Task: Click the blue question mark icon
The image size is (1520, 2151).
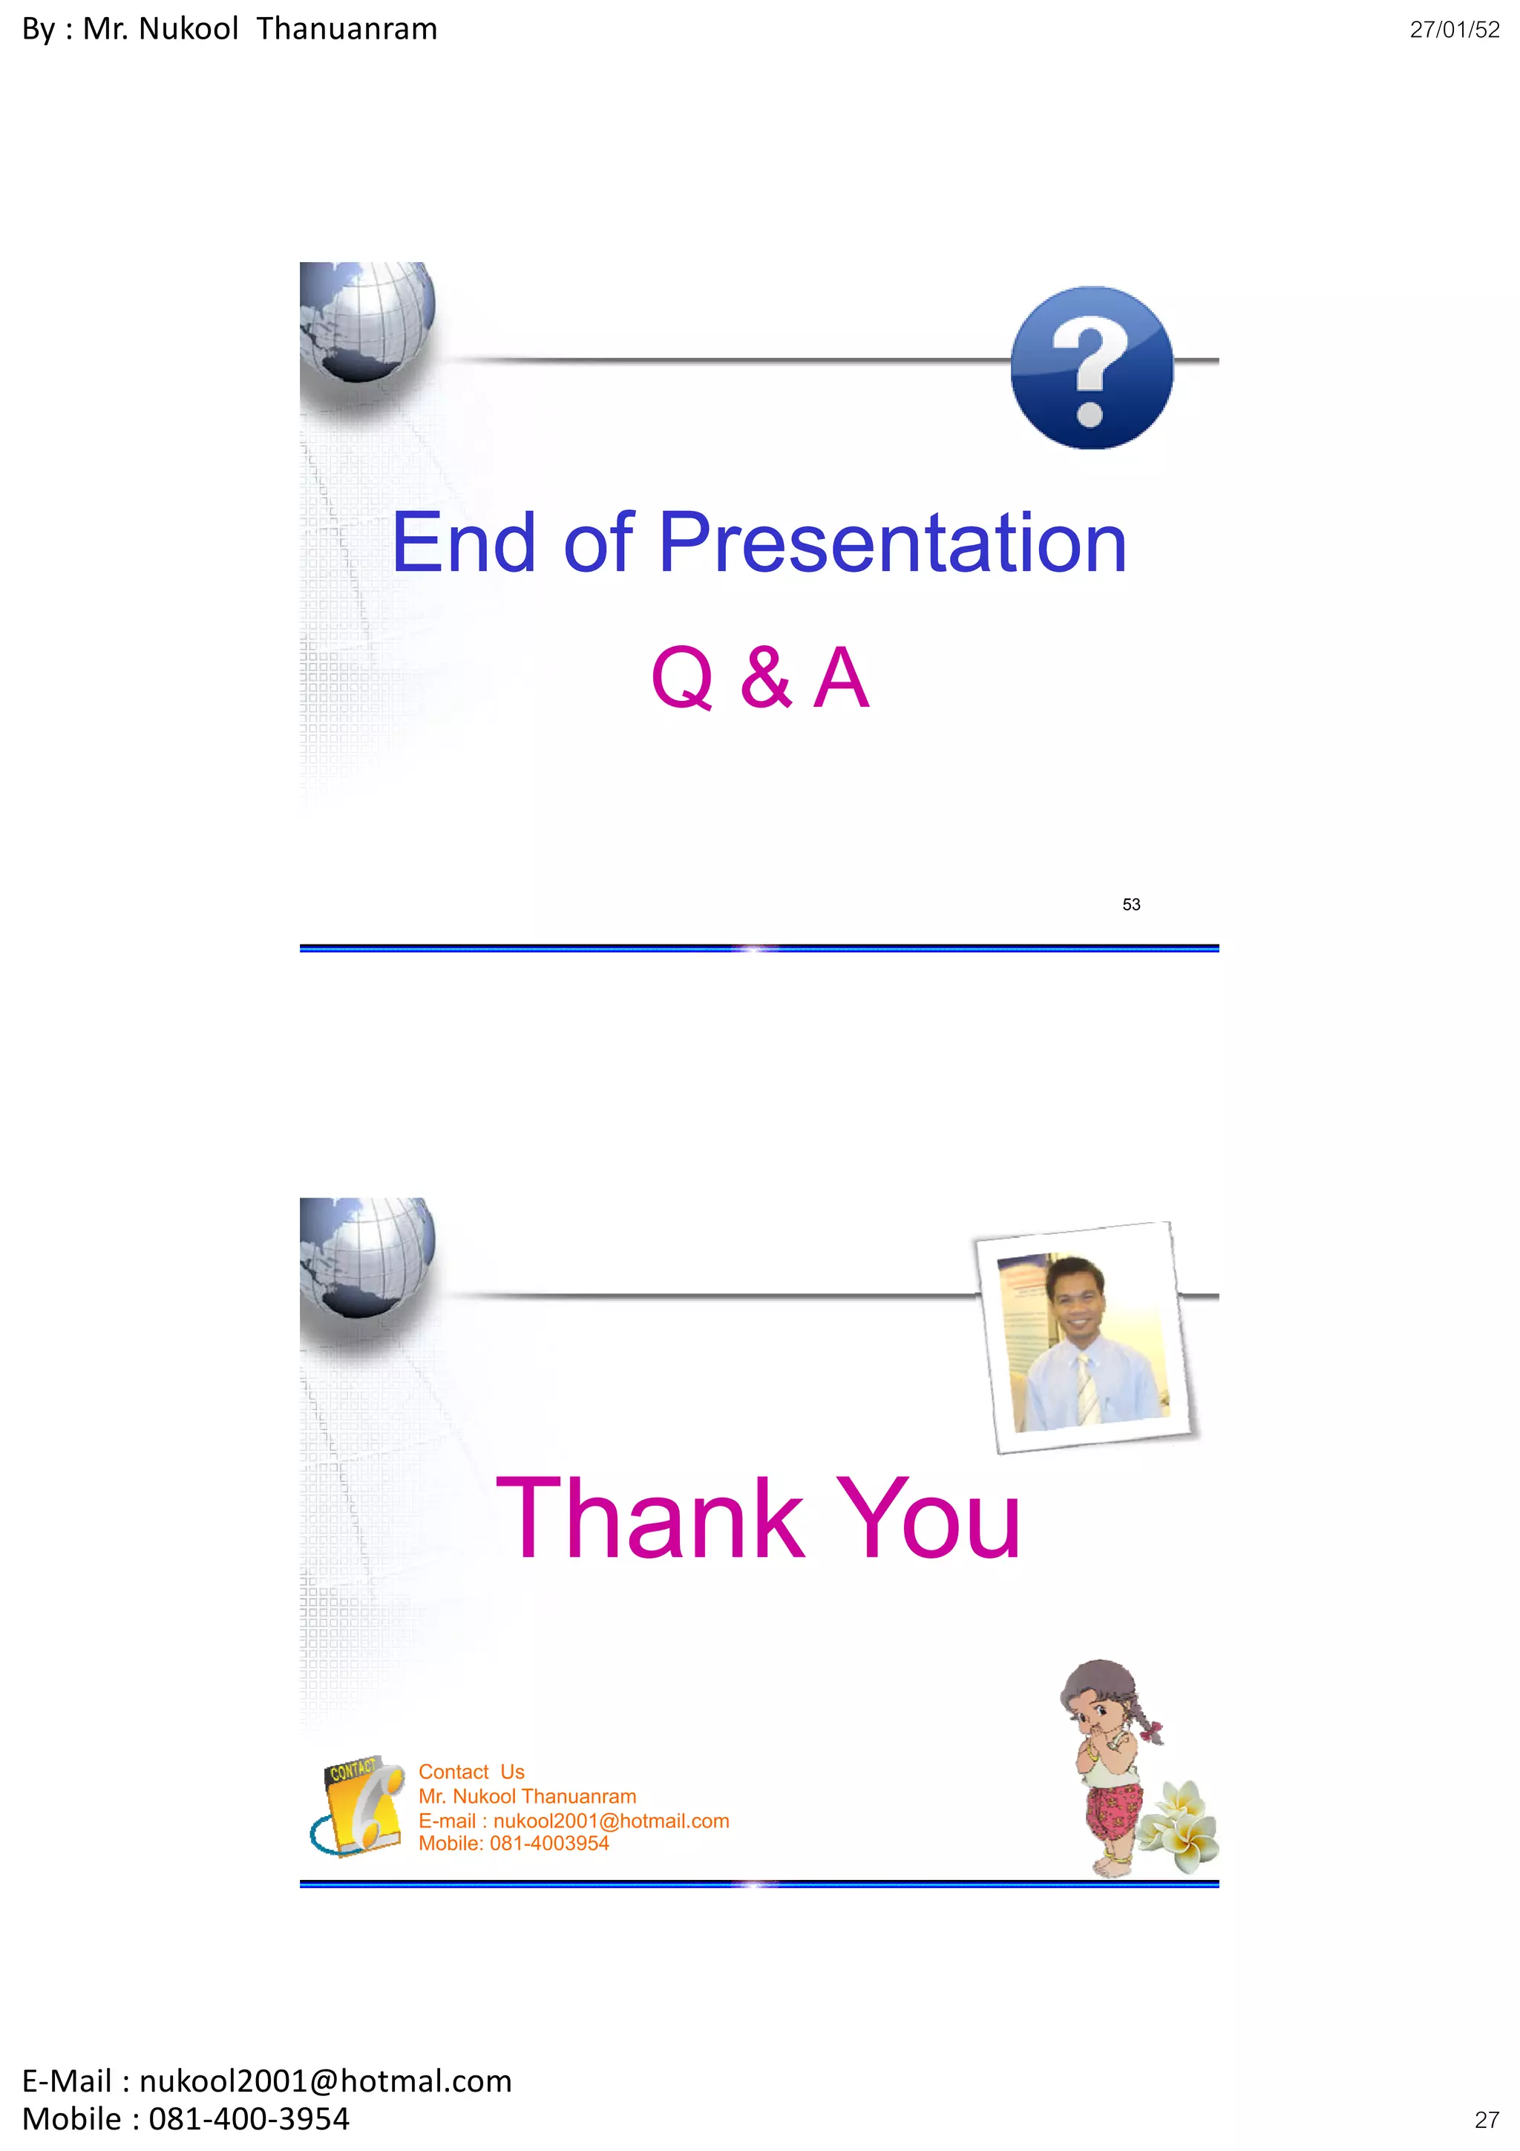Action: point(1091,368)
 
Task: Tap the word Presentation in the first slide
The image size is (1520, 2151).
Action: point(893,544)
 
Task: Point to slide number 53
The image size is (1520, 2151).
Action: point(1130,904)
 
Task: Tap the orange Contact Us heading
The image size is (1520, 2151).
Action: point(471,1772)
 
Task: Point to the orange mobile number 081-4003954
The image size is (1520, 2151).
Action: point(548,1844)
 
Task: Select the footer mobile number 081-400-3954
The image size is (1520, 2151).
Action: point(248,2119)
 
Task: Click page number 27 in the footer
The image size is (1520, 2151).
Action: point(1487,2120)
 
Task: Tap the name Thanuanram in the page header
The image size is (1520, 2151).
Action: point(347,29)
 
